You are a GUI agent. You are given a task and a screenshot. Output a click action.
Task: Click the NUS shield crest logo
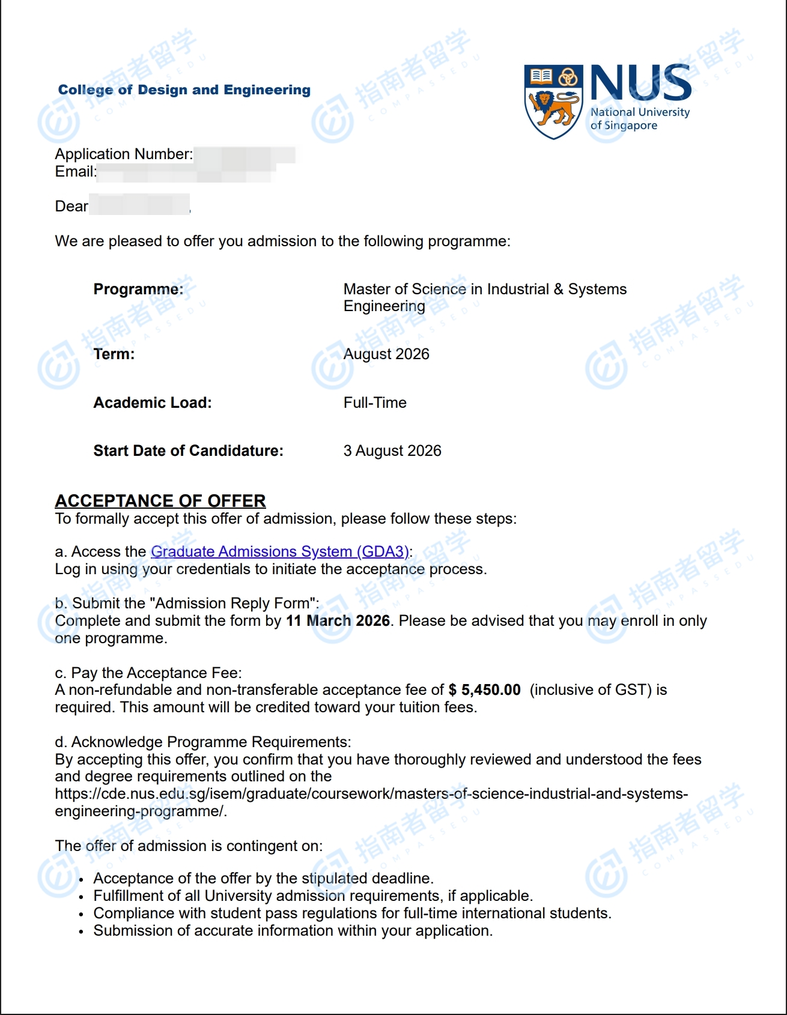click(553, 101)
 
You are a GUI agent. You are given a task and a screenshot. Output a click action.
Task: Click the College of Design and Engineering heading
click(184, 90)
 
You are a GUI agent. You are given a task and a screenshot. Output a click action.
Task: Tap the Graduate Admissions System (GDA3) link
click(279, 551)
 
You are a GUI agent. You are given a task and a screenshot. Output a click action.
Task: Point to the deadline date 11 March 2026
click(338, 620)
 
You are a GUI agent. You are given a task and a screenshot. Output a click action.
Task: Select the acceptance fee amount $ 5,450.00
click(484, 689)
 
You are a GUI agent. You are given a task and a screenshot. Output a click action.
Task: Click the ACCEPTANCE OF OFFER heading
click(160, 501)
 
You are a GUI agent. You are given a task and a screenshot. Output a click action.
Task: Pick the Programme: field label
click(138, 289)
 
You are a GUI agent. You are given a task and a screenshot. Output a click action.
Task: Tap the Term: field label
click(114, 354)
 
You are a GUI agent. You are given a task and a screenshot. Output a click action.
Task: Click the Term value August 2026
click(386, 354)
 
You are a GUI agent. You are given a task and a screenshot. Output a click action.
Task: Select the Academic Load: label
click(153, 402)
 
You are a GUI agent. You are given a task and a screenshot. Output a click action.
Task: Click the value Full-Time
click(375, 402)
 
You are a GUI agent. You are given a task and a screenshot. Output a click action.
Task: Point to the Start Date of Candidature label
click(188, 451)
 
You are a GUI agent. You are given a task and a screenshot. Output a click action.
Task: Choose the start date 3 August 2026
click(392, 451)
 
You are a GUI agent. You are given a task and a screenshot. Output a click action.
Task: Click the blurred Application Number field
click(245, 154)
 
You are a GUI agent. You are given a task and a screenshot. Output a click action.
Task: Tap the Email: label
click(76, 172)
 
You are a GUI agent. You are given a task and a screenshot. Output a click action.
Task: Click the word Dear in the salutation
click(71, 207)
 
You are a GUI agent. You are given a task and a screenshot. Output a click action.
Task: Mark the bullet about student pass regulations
click(352, 913)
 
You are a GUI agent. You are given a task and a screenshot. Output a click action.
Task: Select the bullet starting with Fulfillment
click(313, 896)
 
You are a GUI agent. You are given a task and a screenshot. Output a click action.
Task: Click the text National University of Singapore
click(639, 119)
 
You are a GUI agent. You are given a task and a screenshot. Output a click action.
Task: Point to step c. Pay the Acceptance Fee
click(148, 673)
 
